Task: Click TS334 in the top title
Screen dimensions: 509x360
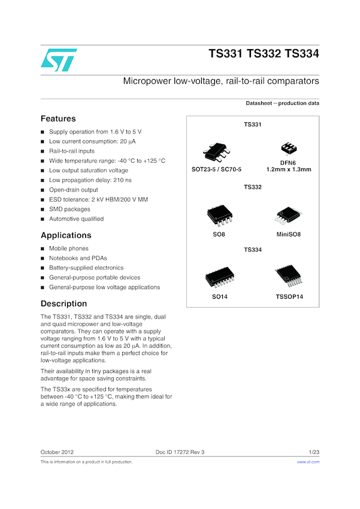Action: [x=302, y=54]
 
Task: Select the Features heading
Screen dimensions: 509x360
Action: [x=58, y=119]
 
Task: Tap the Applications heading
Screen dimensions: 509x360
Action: [x=66, y=235]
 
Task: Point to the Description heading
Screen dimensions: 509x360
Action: [x=63, y=304]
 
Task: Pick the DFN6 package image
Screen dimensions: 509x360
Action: [x=289, y=149]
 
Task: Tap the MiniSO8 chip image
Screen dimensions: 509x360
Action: [x=288, y=216]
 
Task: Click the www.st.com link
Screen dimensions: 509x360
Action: [x=308, y=462]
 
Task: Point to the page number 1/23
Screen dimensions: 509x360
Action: [x=314, y=452]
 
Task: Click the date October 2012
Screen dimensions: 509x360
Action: [x=57, y=452]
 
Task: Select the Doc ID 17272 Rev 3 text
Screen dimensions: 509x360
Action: [x=180, y=452]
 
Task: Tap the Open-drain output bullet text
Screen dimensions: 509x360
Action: [x=74, y=190]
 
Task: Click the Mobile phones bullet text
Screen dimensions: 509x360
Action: [x=69, y=249]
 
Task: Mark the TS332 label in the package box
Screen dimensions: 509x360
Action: [x=253, y=187]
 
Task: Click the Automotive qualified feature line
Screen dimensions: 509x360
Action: [x=76, y=219]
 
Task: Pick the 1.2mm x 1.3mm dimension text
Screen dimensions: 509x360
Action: [x=289, y=169]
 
